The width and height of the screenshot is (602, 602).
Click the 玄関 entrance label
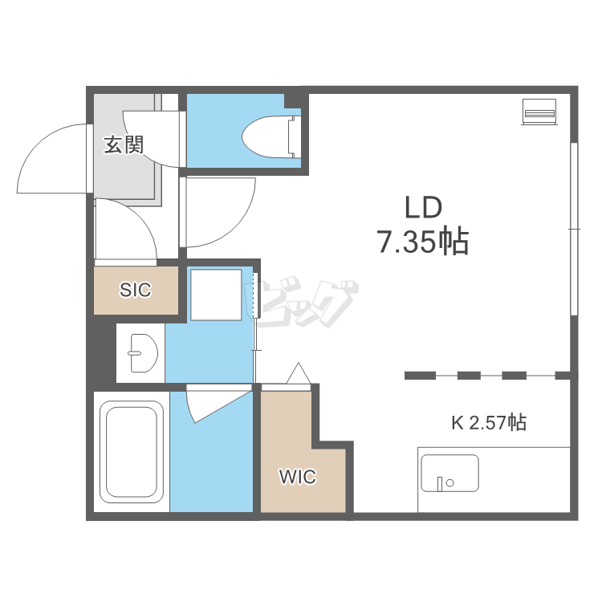(124, 145)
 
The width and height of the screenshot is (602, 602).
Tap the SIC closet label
(135, 290)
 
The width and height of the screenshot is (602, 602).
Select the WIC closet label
(298, 477)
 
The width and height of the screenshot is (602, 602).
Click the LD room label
(424, 207)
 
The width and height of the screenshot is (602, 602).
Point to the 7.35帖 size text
(424, 242)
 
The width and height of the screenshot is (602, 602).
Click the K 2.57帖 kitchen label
(488, 422)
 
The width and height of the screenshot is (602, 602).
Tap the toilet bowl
(265, 137)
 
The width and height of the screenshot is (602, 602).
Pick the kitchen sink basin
(449, 473)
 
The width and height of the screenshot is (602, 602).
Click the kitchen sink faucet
(441, 484)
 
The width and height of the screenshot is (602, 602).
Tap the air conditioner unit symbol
(539, 112)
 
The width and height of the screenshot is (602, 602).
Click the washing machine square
(216, 295)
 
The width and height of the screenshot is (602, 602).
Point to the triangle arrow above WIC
(299, 373)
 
